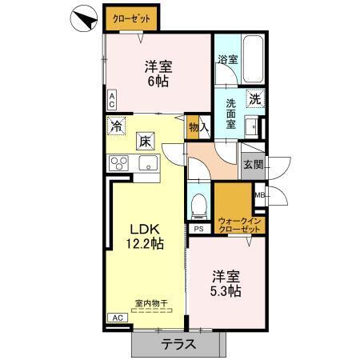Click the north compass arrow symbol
[x=83, y=18]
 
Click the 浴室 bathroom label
[x=228, y=59]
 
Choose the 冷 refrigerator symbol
[x=117, y=126]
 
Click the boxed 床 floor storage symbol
[x=145, y=141]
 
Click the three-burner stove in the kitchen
[x=119, y=164]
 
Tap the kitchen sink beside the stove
[x=148, y=164]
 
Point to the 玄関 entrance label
[x=253, y=165]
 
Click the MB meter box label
[x=260, y=194]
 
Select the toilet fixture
[x=199, y=206]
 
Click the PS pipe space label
[x=198, y=229]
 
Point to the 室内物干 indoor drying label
[x=149, y=303]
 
